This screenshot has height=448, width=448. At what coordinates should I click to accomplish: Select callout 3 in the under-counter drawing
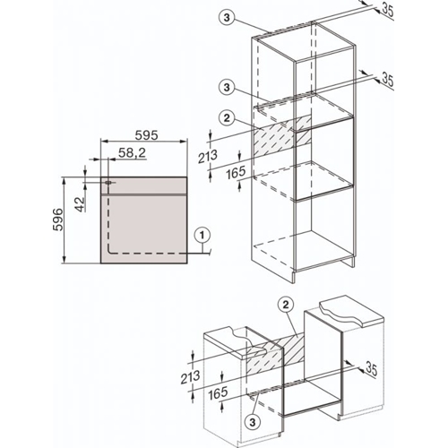coord(255,420)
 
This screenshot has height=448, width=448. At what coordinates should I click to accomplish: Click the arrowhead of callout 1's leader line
coord(191,251)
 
